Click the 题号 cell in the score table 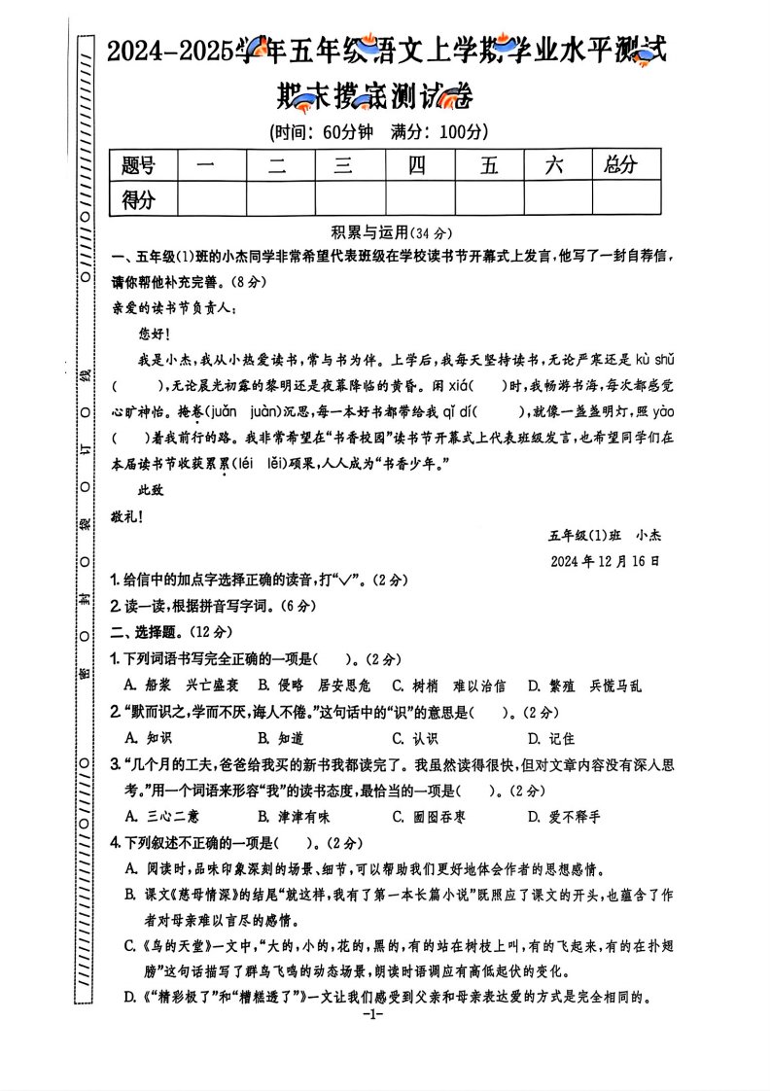pyautogui.click(x=139, y=165)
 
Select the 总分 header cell pyautogui.click(x=619, y=165)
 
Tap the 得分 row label pyautogui.click(x=139, y=200)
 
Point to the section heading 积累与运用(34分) pyautogui.click(x=392, y=233)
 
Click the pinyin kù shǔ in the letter pyautogui.click(x=655, y=360)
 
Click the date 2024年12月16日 pyautogui.click(x=604, y=561)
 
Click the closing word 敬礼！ pyautogui.click(x=127, y=516)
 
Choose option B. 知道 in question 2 pyautogui.click(x=282, y=738)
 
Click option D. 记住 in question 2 pyautogui.click(x=550, y=738)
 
